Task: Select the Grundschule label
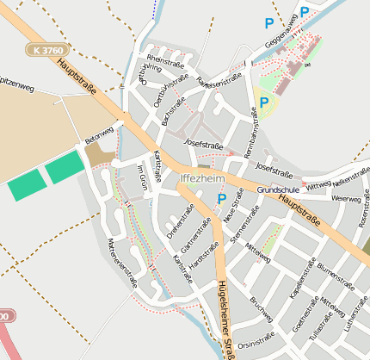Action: click(x=277, y=189)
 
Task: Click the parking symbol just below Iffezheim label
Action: click(x=221, y=199)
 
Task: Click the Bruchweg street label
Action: click(x=259, y=307)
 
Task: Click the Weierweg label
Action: click(x=346, y=198)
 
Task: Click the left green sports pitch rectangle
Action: click(x=28, y=184)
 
